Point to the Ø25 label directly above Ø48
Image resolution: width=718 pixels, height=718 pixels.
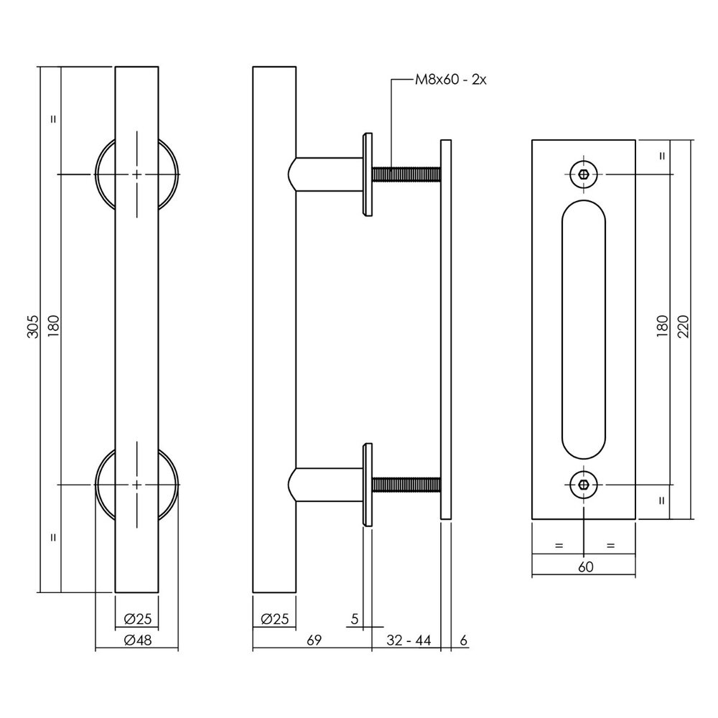(136, 617)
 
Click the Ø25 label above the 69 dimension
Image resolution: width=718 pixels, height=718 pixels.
(274, 617)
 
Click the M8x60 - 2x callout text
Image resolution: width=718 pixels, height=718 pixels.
(451, 80)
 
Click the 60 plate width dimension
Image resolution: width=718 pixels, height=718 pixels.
(584, 567)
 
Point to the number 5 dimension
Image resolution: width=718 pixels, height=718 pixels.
(354, 617)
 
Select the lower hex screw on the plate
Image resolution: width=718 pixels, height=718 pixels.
(584, 485)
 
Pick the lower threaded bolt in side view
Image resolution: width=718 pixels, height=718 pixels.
(405, 486)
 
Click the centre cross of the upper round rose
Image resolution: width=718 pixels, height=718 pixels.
(136, 174)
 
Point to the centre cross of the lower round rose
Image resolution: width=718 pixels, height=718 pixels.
(136, 485)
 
